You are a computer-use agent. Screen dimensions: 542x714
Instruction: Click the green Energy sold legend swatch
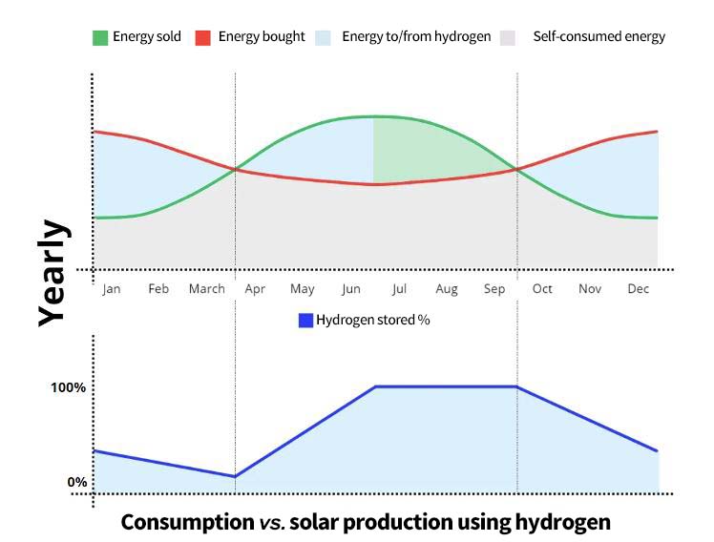[99, 37]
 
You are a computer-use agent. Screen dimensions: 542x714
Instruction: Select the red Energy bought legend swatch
[201, 37]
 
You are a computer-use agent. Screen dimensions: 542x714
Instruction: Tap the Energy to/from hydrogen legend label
[416, 37]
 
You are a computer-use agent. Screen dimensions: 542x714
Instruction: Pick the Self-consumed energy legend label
[598, 37]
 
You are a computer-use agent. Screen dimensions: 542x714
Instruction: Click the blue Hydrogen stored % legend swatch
[305, 321]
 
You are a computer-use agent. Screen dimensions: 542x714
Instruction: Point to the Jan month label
[112, 289]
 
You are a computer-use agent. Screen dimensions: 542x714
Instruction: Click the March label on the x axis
[206, 289]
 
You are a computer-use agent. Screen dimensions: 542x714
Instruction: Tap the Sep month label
[494, 289]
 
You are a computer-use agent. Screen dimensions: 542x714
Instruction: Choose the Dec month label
[639, 289]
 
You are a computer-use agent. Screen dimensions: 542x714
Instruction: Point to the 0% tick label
[76, 482]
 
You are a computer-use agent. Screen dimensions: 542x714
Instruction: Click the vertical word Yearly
[53, 273]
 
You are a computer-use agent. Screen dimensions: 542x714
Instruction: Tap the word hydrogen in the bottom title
[562, 523]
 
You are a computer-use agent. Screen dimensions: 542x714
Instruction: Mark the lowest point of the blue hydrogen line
[235, 476]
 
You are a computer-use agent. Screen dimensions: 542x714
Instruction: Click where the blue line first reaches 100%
[375, 386]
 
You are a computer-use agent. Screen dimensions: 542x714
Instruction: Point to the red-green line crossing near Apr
[235, 170]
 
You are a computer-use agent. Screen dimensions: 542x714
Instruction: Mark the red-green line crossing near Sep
[516, 170]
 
